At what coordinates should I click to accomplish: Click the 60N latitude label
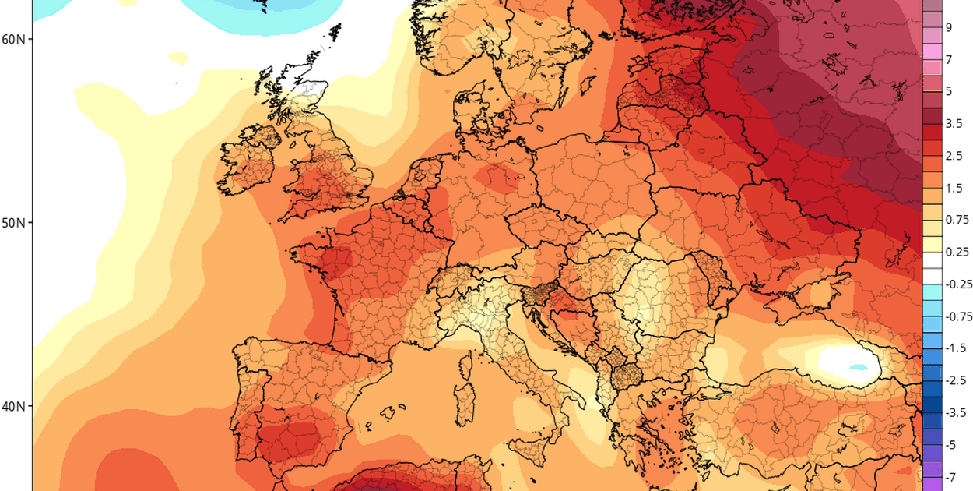13,39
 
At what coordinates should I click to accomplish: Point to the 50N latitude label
13,223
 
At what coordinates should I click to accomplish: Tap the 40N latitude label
13,407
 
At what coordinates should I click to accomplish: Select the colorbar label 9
949,27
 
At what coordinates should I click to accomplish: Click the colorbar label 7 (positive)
949,59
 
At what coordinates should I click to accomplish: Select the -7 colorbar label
951,475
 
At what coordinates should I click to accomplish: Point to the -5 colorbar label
951,443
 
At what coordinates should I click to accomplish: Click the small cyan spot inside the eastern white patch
859,366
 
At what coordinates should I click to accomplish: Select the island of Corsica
469,363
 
